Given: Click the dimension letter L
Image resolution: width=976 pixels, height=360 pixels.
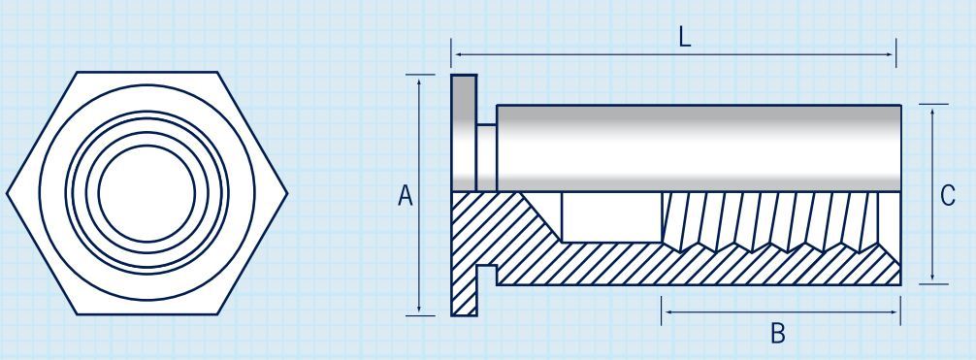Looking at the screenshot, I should coord(685,38).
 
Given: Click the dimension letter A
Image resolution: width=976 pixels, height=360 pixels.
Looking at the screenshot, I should coord(406,196).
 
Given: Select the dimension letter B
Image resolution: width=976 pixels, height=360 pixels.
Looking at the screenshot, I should coord(777,334).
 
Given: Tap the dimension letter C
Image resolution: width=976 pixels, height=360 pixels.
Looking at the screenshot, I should coord(948,196).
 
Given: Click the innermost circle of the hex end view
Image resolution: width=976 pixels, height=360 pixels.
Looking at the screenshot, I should coord(146,193).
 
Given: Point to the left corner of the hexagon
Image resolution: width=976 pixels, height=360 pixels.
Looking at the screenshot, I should coord(9,192).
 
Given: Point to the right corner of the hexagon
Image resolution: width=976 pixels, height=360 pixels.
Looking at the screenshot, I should coord(287,192).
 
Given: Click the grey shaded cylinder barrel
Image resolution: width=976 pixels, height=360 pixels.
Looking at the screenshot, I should coord(699,146).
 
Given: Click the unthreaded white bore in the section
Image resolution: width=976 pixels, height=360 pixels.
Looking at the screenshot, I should coord(611,215).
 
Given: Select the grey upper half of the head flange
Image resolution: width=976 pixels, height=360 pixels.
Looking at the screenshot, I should coord(464,131).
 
